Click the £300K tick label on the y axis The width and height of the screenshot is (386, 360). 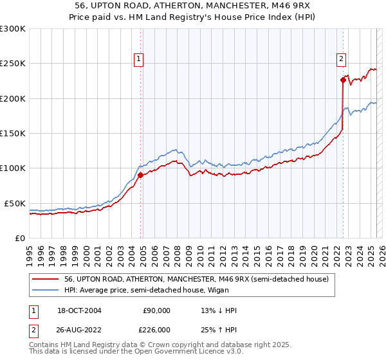pos(13,29)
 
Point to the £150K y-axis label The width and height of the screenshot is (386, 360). pos(13,134)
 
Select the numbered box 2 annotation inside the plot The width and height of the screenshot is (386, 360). pos(341,59)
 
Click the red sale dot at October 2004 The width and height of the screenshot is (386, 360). pos(141,175)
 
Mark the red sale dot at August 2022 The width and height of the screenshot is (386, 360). pos(343,80)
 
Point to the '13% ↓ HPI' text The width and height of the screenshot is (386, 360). pos(219,310)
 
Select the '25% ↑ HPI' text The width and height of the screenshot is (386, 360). pos(219,329)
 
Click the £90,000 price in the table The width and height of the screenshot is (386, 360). pos(156,310)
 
